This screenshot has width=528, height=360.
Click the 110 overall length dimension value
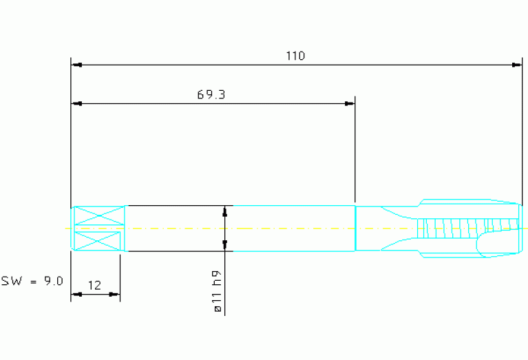295,56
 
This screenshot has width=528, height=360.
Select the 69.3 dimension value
211,94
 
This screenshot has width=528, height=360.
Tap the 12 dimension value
94,286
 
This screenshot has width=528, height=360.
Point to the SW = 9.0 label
32,281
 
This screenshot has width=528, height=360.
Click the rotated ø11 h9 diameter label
218,291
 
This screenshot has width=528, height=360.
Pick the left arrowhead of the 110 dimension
77,65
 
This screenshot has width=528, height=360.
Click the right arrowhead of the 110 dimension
516,65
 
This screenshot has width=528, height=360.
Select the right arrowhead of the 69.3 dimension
350,104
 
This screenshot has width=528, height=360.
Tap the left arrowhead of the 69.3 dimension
77,104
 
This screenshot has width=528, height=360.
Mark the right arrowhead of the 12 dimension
114,295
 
